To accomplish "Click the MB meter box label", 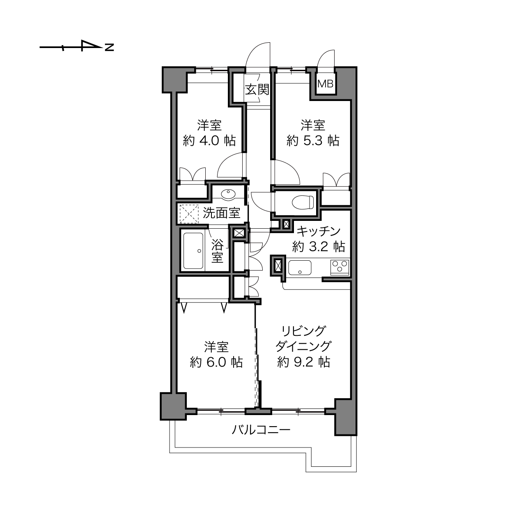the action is [x=326, y=84].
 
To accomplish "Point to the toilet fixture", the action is [x=303, y=202].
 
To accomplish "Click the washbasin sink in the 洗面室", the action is [x=228, y=195].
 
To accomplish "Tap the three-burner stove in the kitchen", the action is [x=340, y=267].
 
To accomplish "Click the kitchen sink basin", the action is [x=300, y=267].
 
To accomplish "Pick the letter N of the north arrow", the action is [x=109, y=47].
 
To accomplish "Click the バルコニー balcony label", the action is [x=261, y=430].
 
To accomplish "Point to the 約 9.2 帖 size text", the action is [x=303, y=362].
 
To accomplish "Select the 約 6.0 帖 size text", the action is [x=216, y=362].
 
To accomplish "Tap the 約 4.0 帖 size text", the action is [x=209, y=140].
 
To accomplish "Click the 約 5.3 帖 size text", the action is [x=312, y=140].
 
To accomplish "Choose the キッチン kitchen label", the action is [x=319, y=231].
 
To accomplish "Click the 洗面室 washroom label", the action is [x=221, y=213].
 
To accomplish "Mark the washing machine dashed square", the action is [x=189, y=213].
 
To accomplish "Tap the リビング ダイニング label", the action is [x=303, y=338].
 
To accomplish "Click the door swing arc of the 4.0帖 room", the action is [x=231, y=165].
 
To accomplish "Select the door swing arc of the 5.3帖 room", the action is [x=285, y=172].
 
